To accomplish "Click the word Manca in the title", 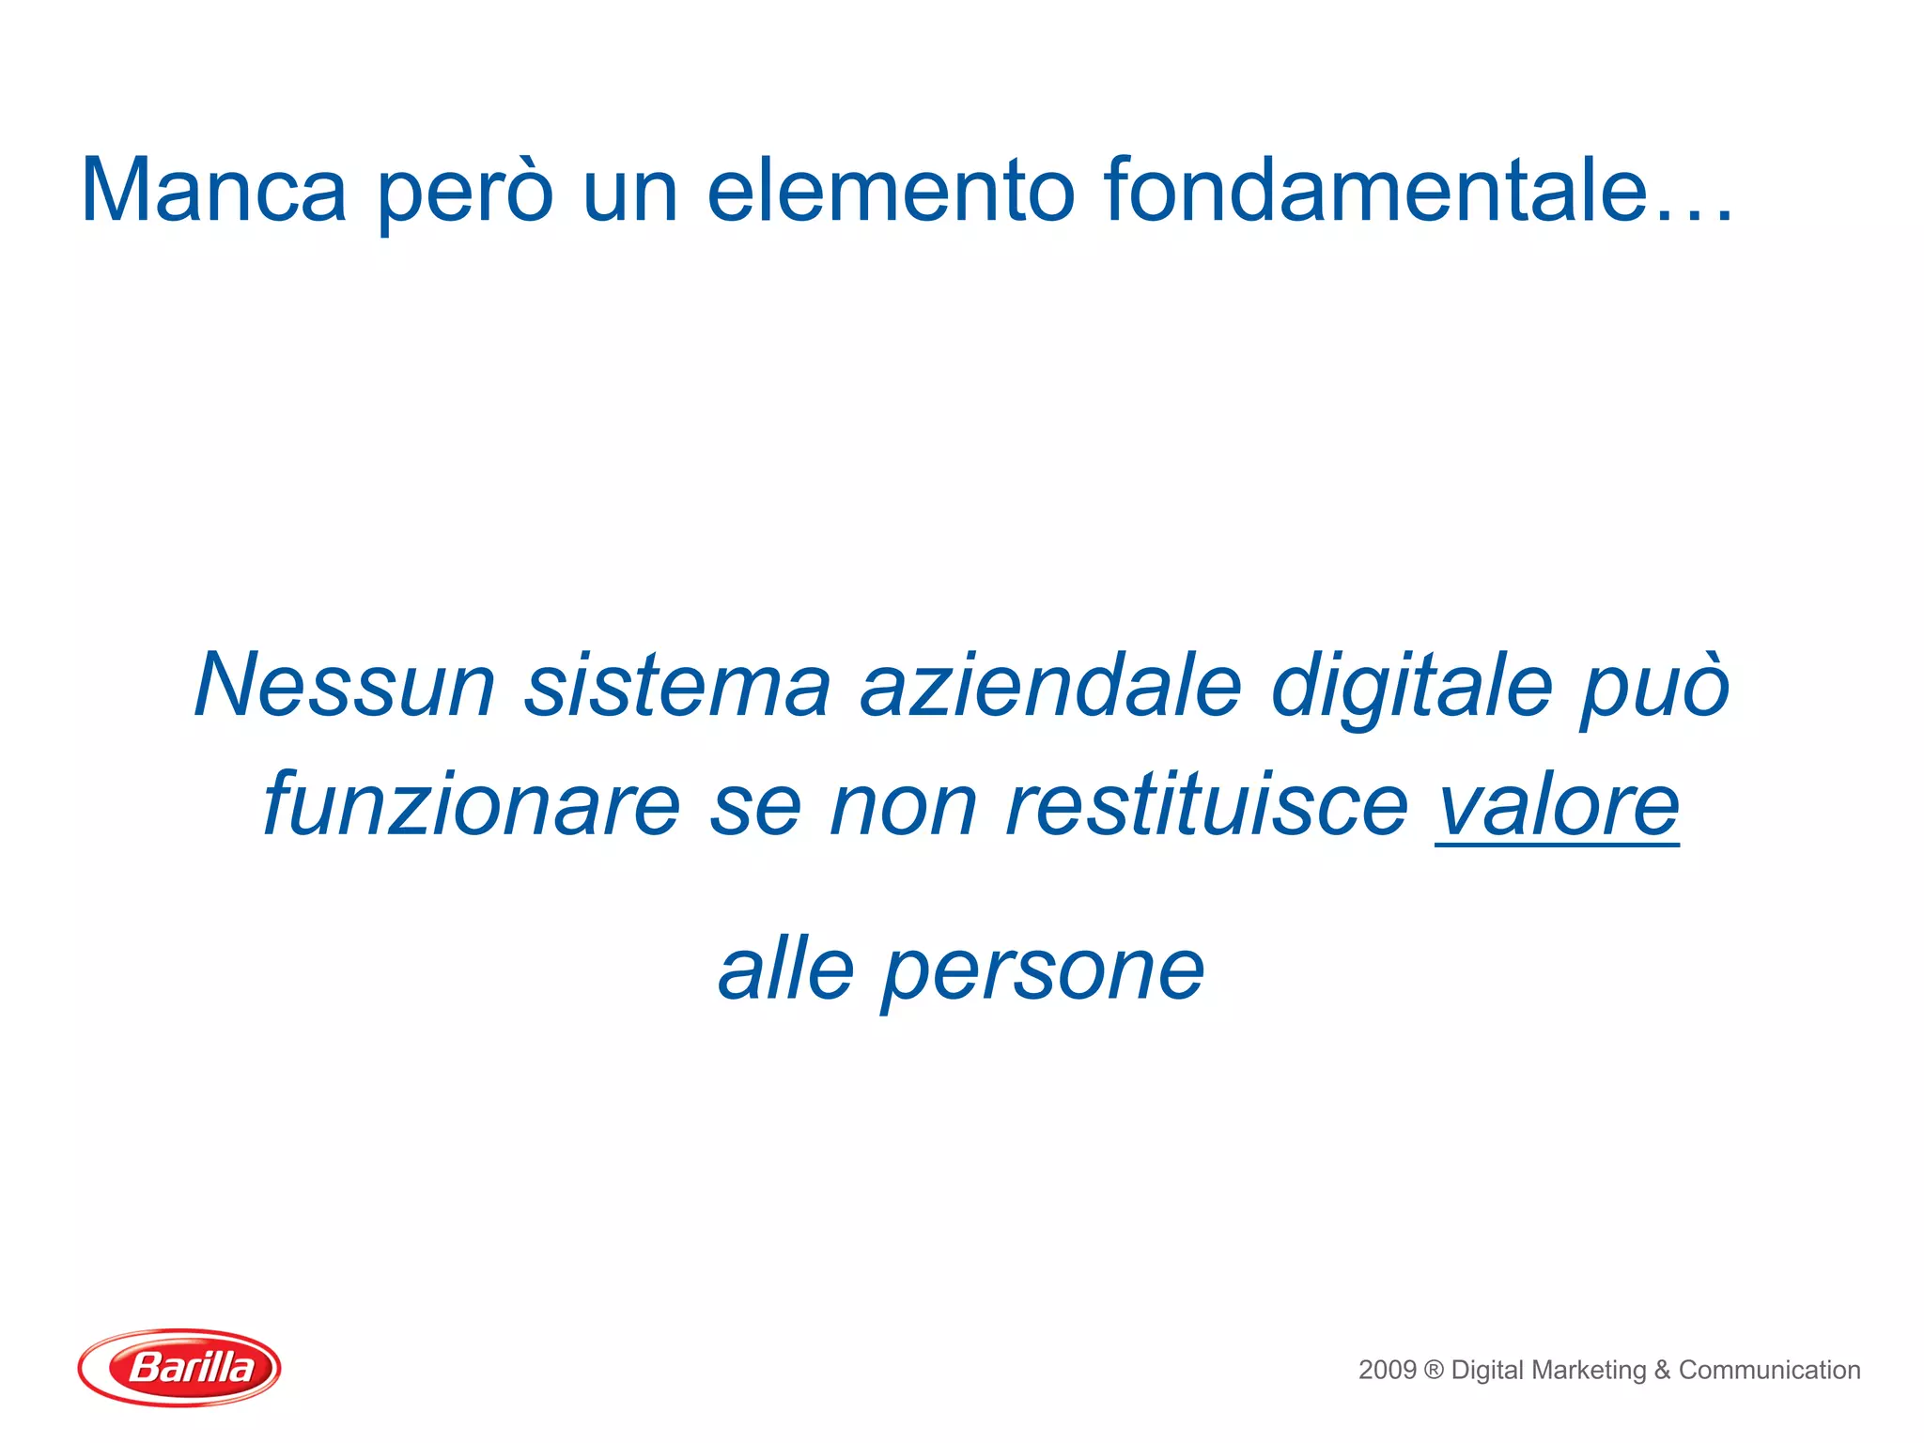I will (x=213, y=191).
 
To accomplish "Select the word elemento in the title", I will (x=890, y=191).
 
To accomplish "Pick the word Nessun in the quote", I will (x=344, y=685).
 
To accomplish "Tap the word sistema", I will (x=677, y=685).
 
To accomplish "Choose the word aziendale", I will (x=1051, y=685).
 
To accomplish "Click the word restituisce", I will (x=1206, y=805).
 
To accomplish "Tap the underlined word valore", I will (x=1557, y=805).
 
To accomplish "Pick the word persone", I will (x=1043, y=973).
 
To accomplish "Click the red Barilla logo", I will (x=179, y=1367).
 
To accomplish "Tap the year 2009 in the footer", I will (x=1387, y=1370).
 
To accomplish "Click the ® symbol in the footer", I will (x=1434, y=1370).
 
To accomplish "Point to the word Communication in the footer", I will (x=1769, y=1370).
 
